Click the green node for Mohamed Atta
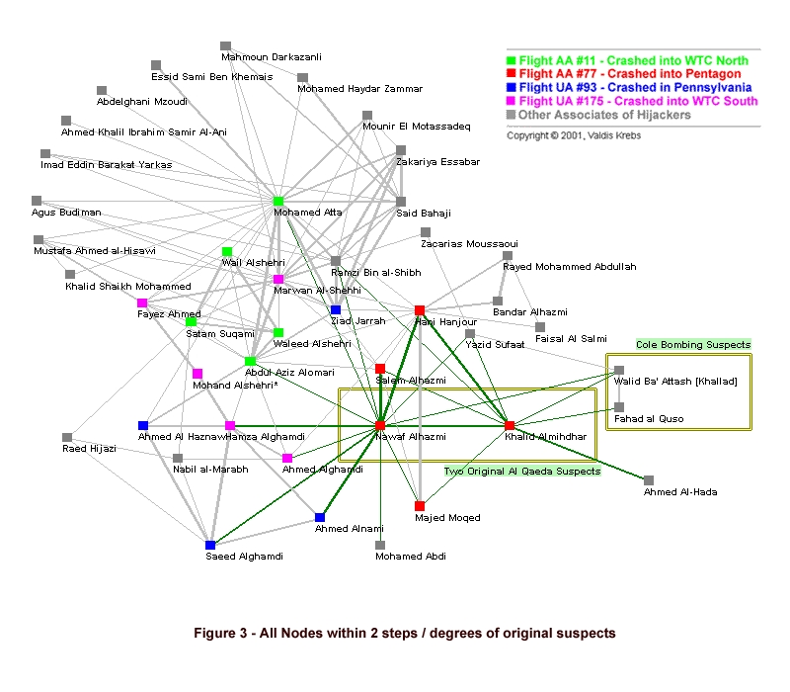tap(278, 202)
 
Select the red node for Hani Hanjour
tap(420, 310)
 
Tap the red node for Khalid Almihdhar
tap(510, 425)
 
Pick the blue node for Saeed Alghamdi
tap(210, 545)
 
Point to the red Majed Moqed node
tap(420, 506)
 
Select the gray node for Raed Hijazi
tap(67, 437)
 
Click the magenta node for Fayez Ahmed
tap(142, 303)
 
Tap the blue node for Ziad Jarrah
tap(336, 310)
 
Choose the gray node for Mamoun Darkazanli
tap(226, 45)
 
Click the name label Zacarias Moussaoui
tap(469, 244)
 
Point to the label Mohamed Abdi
tap(410, 557)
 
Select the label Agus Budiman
tap(66, 213)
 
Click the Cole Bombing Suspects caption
tap(693, 345)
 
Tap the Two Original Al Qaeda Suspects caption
tap(521, 472)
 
